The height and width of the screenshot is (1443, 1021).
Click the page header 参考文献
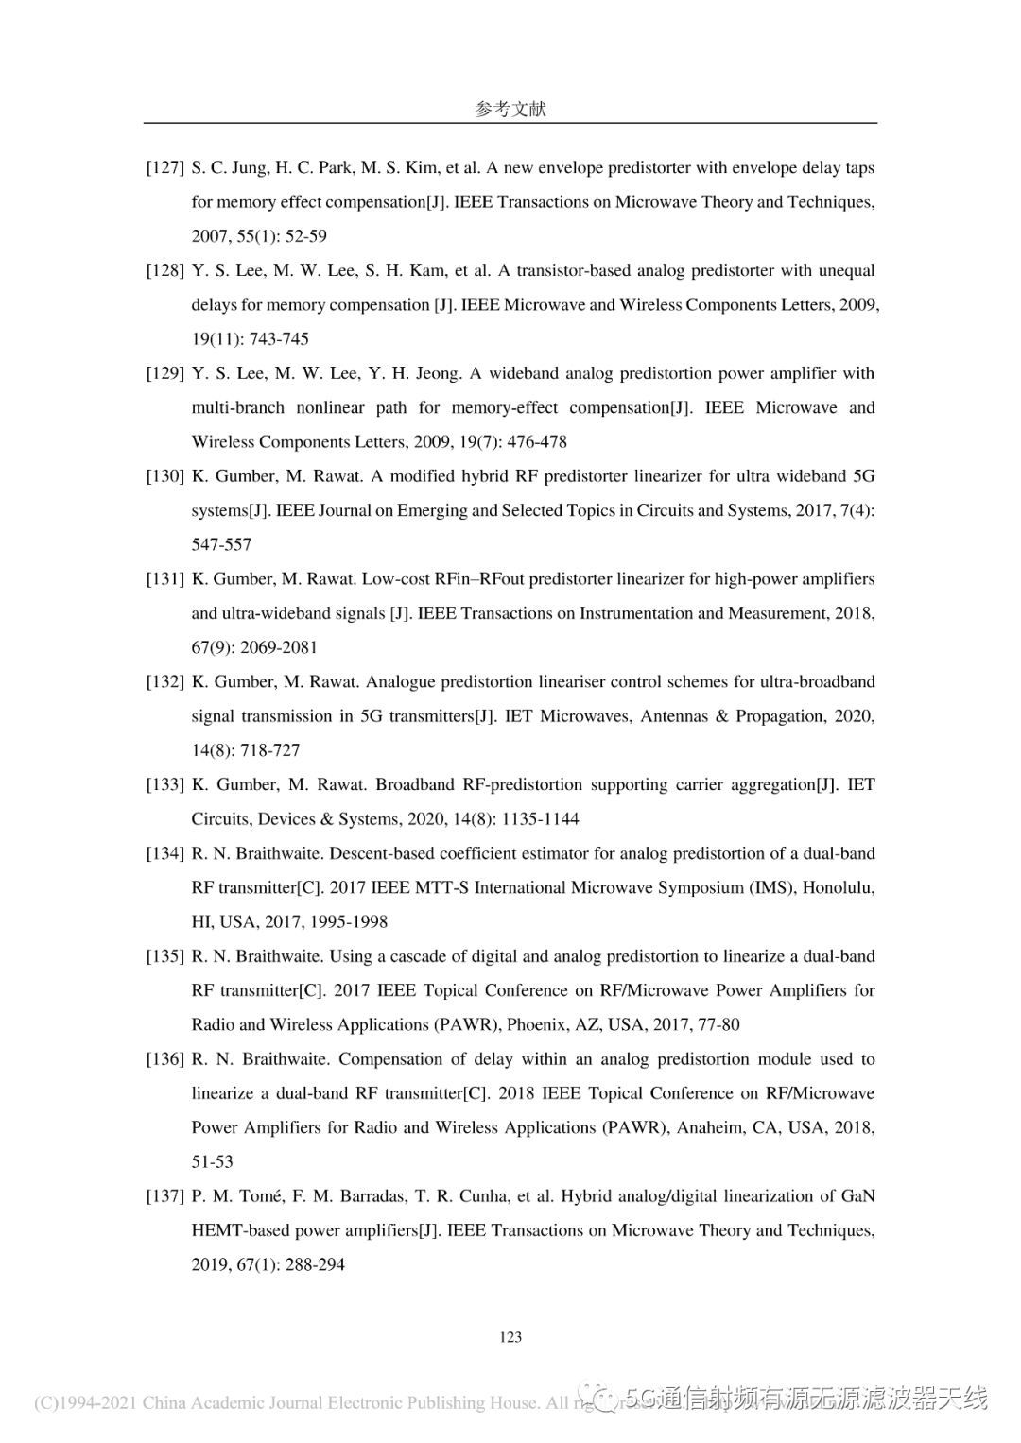(510, 109)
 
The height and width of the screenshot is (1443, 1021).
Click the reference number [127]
(164, 168)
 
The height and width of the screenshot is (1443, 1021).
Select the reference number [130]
(164, 476)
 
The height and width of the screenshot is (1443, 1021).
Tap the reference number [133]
(164, 784)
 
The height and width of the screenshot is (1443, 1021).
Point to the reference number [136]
(164, 1059)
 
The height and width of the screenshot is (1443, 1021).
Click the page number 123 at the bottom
(510, 1336)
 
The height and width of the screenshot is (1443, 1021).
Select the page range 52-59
(306, 236)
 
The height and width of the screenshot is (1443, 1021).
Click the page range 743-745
(279, 339)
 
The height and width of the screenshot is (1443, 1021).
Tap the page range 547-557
(221, 545)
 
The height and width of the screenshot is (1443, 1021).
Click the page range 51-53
(212, 1162)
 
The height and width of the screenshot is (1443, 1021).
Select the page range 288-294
(315, 1265)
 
